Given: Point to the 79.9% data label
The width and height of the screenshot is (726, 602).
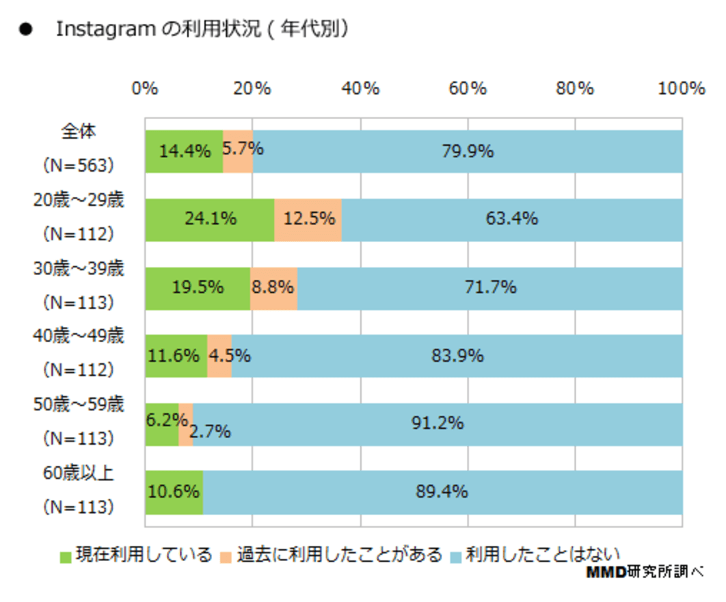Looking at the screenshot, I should [467, 151].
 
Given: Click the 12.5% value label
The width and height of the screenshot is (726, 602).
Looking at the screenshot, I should [308, 219].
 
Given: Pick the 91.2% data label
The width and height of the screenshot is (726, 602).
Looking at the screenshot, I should [438, 423].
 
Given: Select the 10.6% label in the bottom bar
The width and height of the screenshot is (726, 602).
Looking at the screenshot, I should [173, 492].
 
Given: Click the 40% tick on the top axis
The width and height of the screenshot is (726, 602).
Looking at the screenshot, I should [360, 89].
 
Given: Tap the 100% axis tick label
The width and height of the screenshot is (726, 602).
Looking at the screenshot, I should [682, 89].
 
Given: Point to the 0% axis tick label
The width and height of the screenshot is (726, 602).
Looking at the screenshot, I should [145, 89].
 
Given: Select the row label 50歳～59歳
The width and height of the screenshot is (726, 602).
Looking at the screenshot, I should [79, 405].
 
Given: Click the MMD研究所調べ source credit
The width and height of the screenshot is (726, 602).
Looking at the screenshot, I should [644, 573].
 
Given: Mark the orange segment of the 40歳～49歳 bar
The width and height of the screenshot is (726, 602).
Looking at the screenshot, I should [219, 356].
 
